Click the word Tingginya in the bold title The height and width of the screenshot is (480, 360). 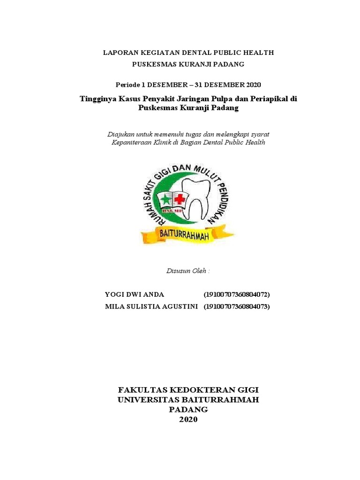(x=99, y=99)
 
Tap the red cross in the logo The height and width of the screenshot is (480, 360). (x=179, y=199)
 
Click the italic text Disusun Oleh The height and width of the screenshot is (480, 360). (x=188, y=271)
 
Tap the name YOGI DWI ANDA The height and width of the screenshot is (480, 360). (x=135, y=294)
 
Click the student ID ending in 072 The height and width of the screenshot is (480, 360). (x=237, y=294)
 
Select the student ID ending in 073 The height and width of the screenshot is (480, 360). (x=237, y=307)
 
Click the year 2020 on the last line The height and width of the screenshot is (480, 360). (x=188, y=420)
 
